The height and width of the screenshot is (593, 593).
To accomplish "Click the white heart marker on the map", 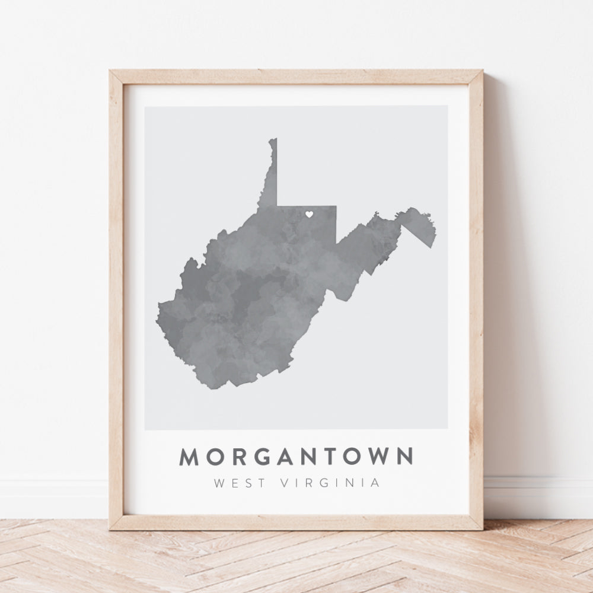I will tap(309, 215).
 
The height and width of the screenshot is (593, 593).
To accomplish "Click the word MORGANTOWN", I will tap(296, 457).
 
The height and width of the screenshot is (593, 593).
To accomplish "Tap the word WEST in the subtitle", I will tap(235, 483).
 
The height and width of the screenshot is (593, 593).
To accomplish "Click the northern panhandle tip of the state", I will tap(273, 140).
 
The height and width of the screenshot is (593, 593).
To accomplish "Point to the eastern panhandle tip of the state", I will tap(435, 228).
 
